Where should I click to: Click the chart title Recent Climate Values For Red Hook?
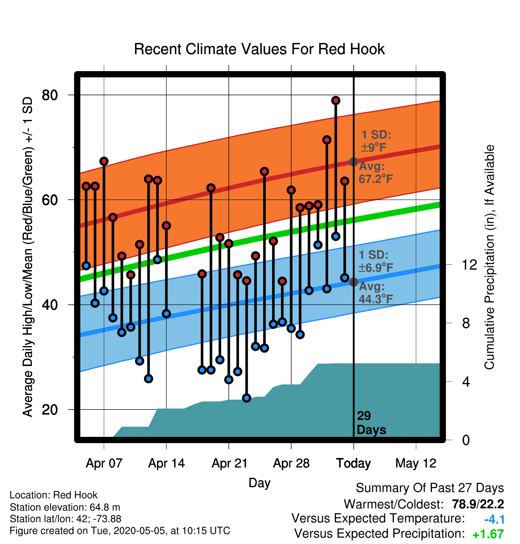pos(259,49)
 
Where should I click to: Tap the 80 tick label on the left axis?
pos(50,95)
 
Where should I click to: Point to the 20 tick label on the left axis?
pos(50,410)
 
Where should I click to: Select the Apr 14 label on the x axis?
pos(167,463)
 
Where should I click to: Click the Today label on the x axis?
pos(353,463)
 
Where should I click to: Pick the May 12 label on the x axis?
pos(416,463)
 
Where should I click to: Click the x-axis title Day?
pos(259,483)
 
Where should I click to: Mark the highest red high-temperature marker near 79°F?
pos(336,101)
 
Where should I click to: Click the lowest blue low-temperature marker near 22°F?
pos(247,398)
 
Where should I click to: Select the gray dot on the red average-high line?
pos(353,162)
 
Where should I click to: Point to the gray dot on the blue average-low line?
pos(353,282)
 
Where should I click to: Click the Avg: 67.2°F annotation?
pos(376,173)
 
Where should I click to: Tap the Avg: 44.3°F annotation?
pos(376,293)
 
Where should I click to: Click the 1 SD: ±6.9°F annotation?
pos(376,261)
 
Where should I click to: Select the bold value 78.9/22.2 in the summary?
pos(478,504)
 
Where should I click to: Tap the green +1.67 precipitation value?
pos(488,534)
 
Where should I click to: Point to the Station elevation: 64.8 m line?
pos(65,507)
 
